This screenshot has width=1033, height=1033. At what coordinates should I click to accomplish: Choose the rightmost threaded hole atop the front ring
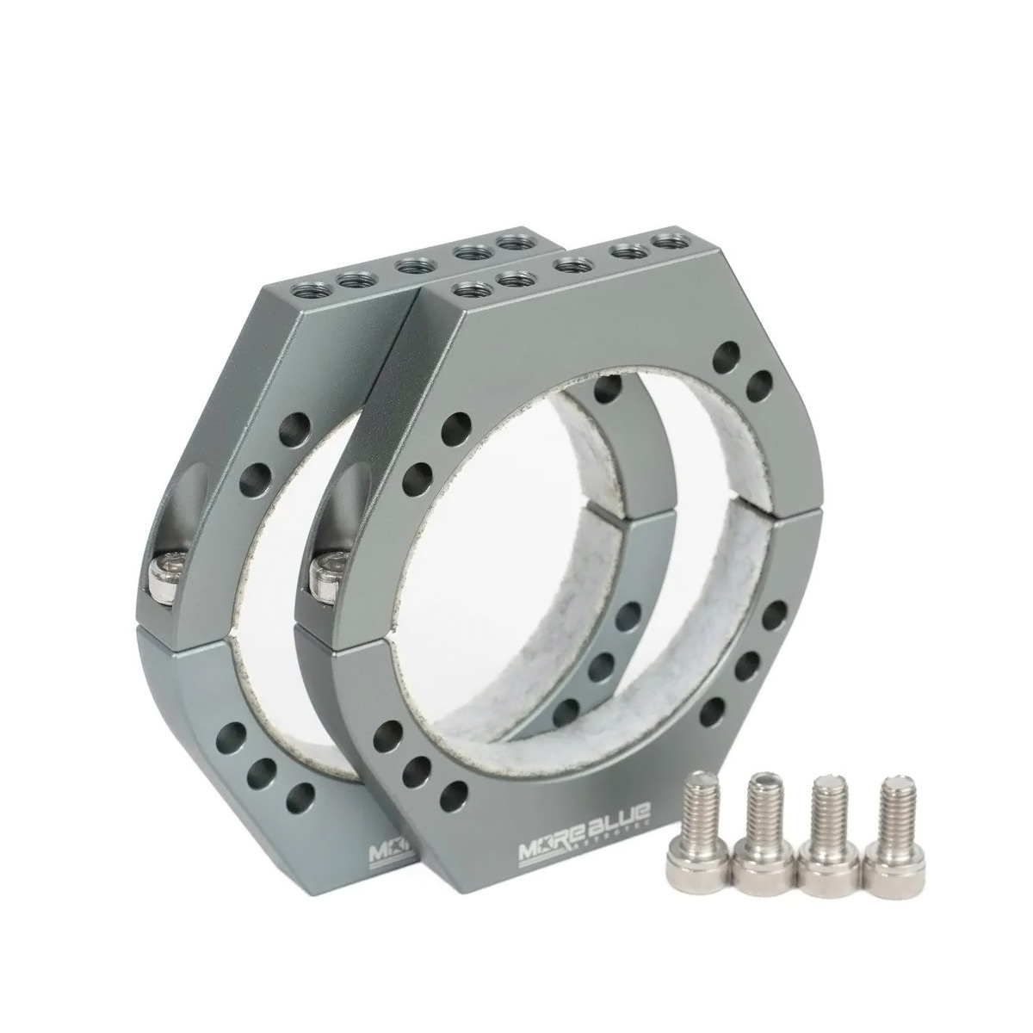click(x=663, y=242)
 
